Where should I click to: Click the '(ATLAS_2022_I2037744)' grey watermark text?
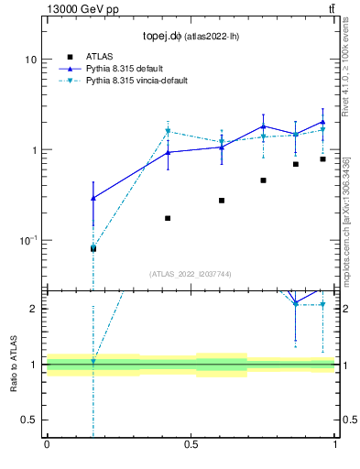tap(191, 274)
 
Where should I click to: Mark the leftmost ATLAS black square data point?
tap(93, 248)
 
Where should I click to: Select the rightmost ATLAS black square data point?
tap(322, 159)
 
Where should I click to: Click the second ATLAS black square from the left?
tap(168, 218)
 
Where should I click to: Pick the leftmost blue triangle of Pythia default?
tap(93, 198)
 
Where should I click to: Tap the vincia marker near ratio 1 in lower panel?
tap(93, 362)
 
